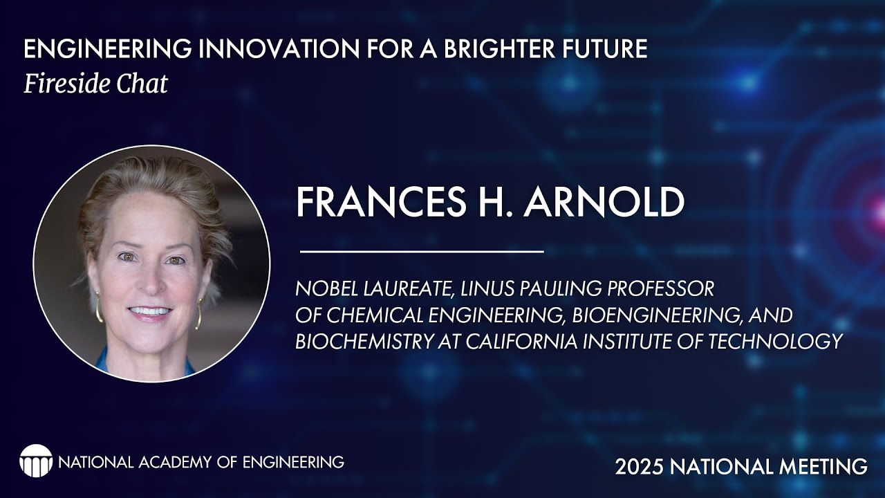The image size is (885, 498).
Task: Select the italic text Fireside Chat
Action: coord(95,84)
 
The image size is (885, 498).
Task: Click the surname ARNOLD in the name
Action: coord(604,202)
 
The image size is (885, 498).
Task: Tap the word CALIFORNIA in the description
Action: coord(499,342)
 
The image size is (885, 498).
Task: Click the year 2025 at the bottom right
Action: coord(638,467)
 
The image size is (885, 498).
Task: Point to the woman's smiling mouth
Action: coord(150,312)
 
